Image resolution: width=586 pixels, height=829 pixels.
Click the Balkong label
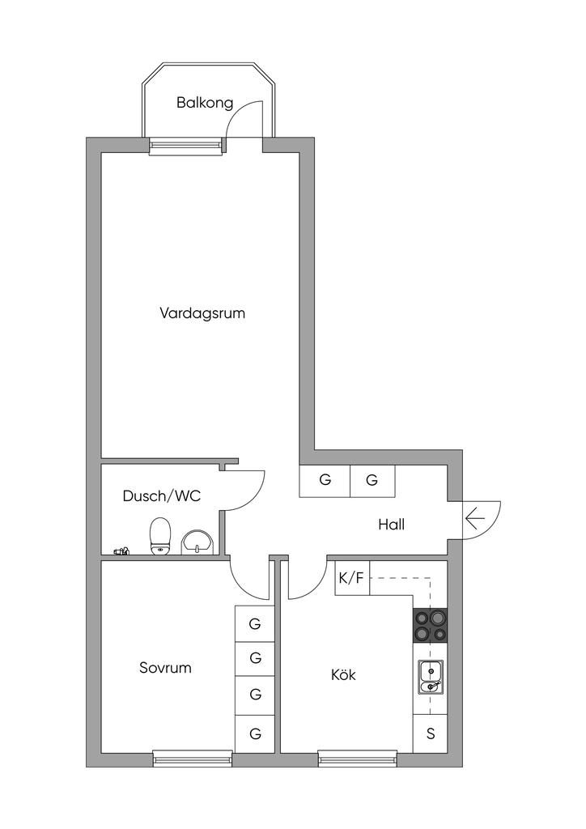pyautogui.click(x=205, y=103)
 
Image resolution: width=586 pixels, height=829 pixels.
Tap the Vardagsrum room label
pyautogui.click(x=202, y=313)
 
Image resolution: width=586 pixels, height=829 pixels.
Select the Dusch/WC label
pyautogui.click(x=162, y=496)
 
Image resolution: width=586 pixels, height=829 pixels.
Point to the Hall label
pyautogui.click(x=392, y=525)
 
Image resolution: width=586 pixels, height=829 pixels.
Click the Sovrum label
pyautogui.click(x=165, y=668)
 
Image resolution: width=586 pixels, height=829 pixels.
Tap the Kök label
pyautogui.click(x=343, y=674)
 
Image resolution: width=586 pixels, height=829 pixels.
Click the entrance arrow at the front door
pyautogui.click(x=476, y=519)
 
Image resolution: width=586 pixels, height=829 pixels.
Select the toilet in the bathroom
pyautogui.click(x=161, y=537)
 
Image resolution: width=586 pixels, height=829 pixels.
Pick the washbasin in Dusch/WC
pyautogui.click(x=197, y=543)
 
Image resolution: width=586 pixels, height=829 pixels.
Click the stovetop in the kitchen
pyautogui.click(x=430, y=626)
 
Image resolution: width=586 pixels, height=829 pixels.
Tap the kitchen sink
pyautogui.click(x=431, y=677)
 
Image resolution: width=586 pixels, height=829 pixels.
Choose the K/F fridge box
pyautogui.click(x=352, y=578)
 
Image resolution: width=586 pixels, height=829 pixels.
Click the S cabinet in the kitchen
pyautogui.click(x=430, y=733)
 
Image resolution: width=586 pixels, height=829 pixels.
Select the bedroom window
pyautogui.click(x=193, y=759)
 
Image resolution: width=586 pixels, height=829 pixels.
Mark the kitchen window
pyautogui.click(x=358, y=759)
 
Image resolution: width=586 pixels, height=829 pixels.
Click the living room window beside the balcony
pyautogui.click(x=185, y=146)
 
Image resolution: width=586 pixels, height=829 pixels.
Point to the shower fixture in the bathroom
pyautogui.click(x=122, y=552)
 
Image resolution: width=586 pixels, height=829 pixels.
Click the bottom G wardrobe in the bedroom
pyautogui.click(x=255, y=733)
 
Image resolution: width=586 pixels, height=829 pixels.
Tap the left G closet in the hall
pyautogui.click(x=325, y=481)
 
